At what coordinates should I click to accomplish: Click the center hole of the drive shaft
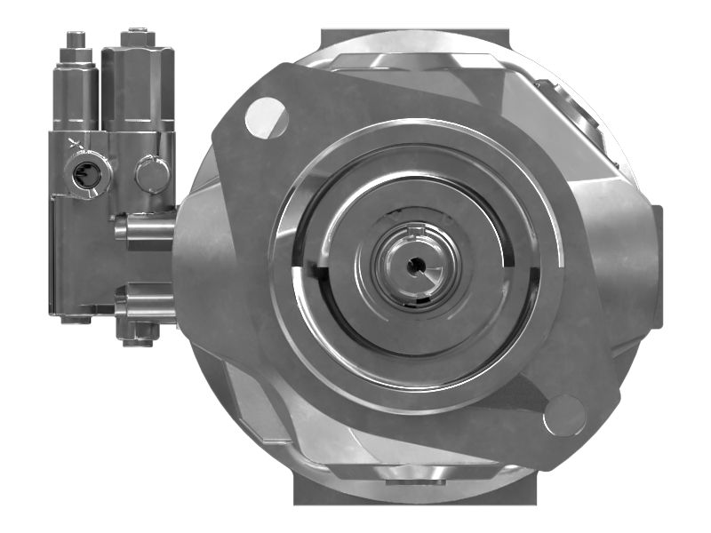coord(416,265)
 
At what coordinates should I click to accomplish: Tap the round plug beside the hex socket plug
coord(152,173)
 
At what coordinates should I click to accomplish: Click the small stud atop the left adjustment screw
coord(76,40)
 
